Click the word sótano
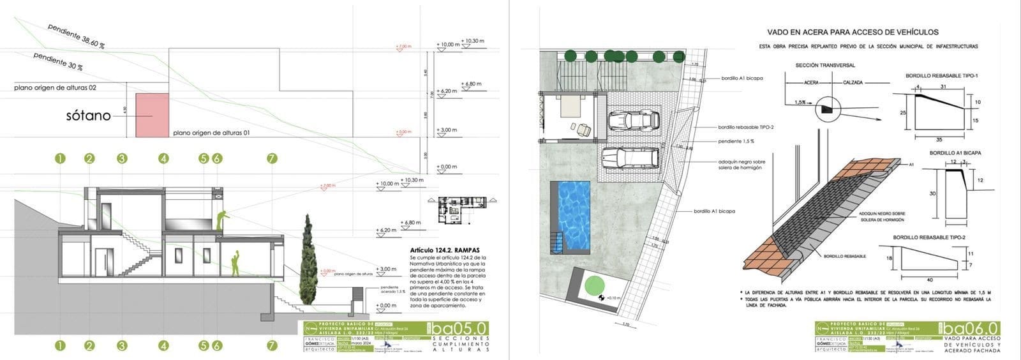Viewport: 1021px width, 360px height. click(88, 116)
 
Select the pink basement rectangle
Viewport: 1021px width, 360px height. click(152, 116)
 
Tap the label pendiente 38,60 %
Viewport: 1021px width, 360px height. click(76, 38)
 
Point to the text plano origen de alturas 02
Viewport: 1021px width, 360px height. click(55, 87)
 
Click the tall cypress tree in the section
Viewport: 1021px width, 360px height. click(309, 261)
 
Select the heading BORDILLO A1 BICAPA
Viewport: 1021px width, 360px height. click(955, 153)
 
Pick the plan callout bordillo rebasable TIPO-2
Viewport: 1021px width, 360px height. click(745, 127)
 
